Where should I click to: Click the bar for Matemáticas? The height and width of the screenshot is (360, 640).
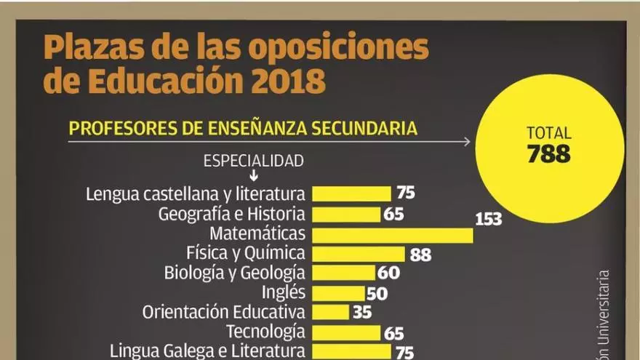coord(393,235)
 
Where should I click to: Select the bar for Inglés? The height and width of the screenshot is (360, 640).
coord(338,293)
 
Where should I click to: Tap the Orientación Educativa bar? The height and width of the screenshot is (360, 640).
coord(330,313)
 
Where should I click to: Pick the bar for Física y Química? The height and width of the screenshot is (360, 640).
coord(359,254)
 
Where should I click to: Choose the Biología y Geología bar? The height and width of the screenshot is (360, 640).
coord(343,273)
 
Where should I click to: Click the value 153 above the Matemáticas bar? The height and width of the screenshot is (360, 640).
coord(488,218)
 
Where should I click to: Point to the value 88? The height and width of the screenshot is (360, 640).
coord(420,255)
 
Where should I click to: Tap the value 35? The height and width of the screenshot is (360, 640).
coord(361,313)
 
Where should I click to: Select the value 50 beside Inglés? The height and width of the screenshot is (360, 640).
coord(377,294)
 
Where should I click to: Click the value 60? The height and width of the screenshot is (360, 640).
coord(389,273)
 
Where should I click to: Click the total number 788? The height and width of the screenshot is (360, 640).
coord(549,154)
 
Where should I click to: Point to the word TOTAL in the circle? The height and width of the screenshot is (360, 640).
coord(549,133)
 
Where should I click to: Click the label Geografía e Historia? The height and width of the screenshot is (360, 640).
coord(231,215)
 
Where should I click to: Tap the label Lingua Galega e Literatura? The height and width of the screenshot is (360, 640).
coord(207,351)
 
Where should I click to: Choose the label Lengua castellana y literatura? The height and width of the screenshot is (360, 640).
coord(195,195)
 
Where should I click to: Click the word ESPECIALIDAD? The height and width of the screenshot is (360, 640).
coord(253,161)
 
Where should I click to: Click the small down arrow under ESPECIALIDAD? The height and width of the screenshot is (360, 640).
coord(253,176)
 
